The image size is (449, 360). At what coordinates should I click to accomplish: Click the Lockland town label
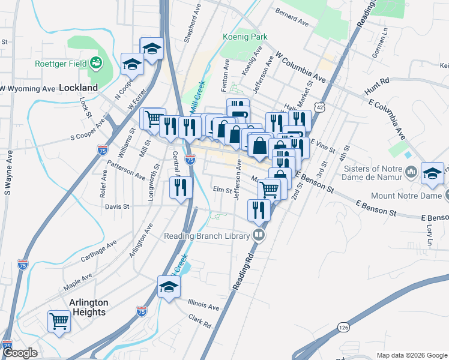(78, 88)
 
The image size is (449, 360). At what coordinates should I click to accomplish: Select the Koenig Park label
(244, 37)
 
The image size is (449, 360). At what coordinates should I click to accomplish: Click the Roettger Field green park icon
(95, 62)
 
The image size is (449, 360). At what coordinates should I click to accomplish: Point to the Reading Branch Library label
(207, 236)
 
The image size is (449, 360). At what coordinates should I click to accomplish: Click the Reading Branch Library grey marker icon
(259, 235)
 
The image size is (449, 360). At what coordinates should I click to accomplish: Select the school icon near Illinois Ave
(169, 286)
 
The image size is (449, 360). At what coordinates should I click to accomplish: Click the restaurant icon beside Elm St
(181, 188)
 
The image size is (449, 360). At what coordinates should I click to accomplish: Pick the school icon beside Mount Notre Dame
(432, 173)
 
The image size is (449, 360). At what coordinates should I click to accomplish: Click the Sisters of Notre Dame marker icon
(411, 173)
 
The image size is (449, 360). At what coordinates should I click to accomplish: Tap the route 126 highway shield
(343, 327)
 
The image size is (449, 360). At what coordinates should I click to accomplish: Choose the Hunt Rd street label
(377, 88)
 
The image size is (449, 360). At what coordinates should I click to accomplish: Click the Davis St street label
(117, 206)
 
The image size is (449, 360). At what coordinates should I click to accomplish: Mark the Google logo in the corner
(20, 353)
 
